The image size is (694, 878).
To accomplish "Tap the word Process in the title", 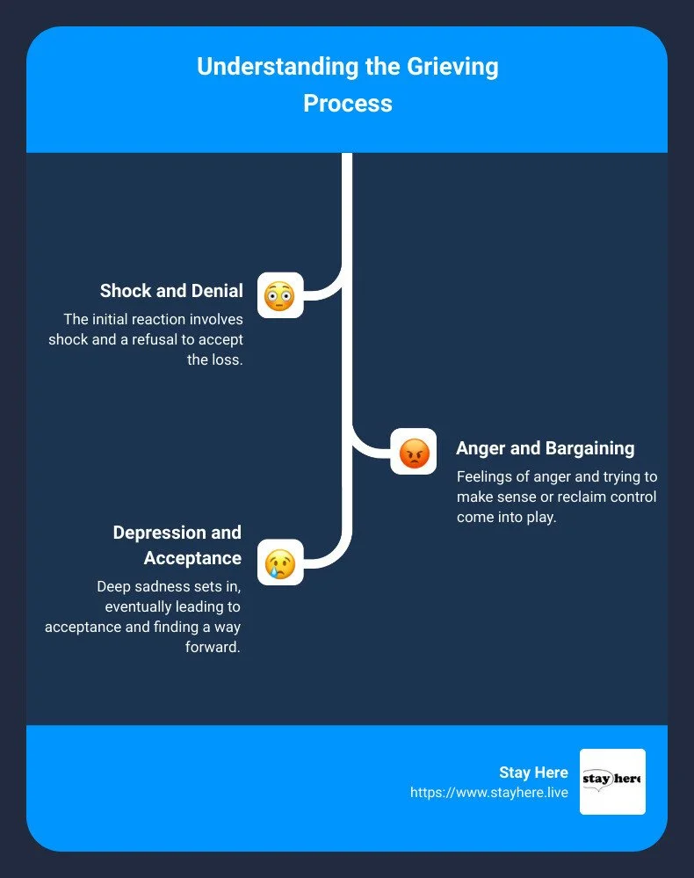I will click(347, 104).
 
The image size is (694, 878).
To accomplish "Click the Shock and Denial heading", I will click(171, 291).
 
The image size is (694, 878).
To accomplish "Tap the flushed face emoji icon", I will click(280, 295).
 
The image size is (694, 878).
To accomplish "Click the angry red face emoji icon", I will click(413, 452).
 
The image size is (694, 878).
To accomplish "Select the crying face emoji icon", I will click(280, 562).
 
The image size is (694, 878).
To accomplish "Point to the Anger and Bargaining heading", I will click(545, 448).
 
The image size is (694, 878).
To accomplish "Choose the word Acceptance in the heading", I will click(192, 558).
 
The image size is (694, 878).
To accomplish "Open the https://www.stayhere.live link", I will click(488, 793).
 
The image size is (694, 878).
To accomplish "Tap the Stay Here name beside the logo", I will click(533, 773).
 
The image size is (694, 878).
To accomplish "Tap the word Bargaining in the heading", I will click(589, 448).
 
